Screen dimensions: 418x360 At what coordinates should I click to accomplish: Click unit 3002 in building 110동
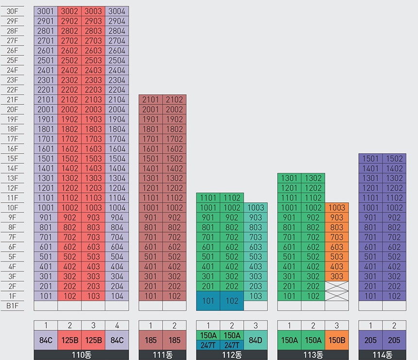pyautogui.click(x=69, y=11)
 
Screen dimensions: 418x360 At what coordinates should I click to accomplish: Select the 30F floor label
pyautogui.click(x=12, y=12)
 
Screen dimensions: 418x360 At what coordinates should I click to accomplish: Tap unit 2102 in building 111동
pyautogui.click(x=174, y=100)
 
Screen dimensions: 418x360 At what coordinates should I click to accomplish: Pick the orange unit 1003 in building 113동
pyautogui.click(x=337, y=207)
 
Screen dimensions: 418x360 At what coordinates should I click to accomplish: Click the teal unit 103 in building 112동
pyautogui.click(x=256, y=296)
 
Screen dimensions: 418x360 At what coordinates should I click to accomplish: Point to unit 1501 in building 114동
pyautogui.click(x=370, y=158)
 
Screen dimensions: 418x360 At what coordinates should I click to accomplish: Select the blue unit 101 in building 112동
pyautogui.click(x=208, y=301)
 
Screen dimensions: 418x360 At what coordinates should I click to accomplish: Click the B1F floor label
pyautogui.click(x=12, y=306)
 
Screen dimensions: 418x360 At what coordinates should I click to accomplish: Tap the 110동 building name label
pyautogui.click(x=81, y=355)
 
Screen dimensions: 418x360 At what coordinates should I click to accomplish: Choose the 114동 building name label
pyautogui.click(x=382, y=355)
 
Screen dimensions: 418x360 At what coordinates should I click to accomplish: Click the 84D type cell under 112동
pyautogui.click(x=256, y=340)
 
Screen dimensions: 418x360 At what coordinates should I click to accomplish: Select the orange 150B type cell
pyautogui.click(x=337, y=340)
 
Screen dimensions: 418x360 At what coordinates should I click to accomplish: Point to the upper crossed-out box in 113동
pyautogui.click(x=337, y=286)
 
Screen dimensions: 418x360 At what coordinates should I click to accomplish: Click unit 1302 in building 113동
pyautogui.click(x=313, y=178)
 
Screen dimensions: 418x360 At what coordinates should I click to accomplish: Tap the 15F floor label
pyautogui.click(x=12, y=159)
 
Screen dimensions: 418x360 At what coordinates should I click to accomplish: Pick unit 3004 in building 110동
pyautogui.click(x=117, y=11)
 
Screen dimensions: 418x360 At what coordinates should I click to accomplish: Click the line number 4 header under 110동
pyautogui.click(x=117, y=326)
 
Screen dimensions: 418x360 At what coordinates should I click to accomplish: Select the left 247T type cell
pyautogui.click(x=208, y=345)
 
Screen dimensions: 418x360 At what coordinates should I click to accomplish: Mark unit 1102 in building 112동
pyautogui.click(x=232, y=198)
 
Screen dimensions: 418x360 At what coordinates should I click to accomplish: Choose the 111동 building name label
pyautogui.click(x=162, y=355)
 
